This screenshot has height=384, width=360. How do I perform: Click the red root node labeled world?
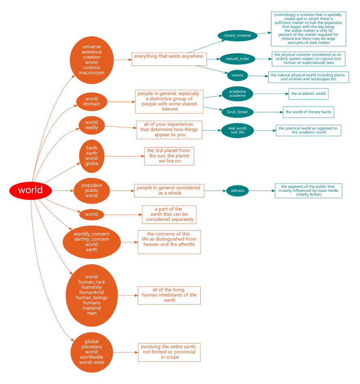pyautogui.click(x=31, y=191)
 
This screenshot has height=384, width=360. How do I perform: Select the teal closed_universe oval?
pyautogui.click(x=237, y=36)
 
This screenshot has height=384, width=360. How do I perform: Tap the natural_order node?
pyautogui.click(x=237, y=59)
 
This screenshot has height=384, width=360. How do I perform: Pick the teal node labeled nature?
pyautogui.click(x=237, y=75)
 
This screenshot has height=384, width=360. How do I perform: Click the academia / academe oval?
pyautogui.click(x=237, y=94)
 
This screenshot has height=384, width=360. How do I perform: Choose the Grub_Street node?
pyautogui.click(x=237, y=112)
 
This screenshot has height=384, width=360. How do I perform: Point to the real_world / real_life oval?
pyautogui.click(x=237, y=130)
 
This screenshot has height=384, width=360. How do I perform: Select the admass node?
pyautogui.click(x=237, y=191)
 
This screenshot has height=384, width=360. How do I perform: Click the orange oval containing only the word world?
pyautogui.click(x=91, y=214)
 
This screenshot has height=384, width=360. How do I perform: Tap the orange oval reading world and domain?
pyautogui.click(x=91, y=102)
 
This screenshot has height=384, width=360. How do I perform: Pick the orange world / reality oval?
pyautogui.click(x=91, y=125)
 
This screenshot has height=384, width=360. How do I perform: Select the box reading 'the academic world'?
pyautogui.click(x=308, y=94)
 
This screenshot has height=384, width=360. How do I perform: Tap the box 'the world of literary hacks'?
pyautogui.click(x=308, y=112)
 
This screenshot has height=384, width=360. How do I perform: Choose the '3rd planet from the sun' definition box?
pyautogui.click(x=169, y=156)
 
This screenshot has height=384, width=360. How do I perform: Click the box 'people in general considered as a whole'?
pyautogui.click(x=169, y=191)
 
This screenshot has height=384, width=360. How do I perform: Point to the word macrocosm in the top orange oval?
pyautogui.click(x=91, y=73)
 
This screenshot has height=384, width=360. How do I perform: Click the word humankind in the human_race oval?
pyautogui.click(x=91, y=293)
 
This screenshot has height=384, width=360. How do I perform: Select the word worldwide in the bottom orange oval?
pyautogui.click(x=91, y=357)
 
